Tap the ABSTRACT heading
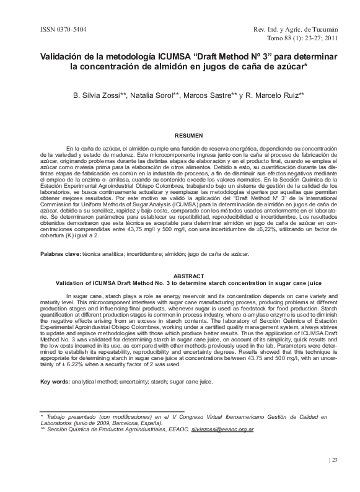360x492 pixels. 189,275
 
